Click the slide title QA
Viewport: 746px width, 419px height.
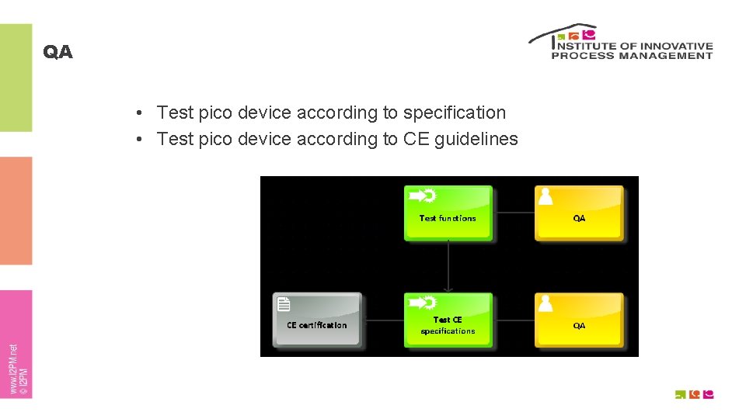[58, 52]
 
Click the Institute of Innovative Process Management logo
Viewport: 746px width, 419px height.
[620, 42]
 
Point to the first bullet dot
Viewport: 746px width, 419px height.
[136, 113]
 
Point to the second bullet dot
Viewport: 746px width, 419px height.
[136, 140]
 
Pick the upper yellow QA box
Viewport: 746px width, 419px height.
[579, 213]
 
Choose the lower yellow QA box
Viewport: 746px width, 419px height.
[579, 320]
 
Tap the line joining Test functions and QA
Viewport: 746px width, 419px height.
[514, 212]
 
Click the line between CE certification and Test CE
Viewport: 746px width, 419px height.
[383, 320]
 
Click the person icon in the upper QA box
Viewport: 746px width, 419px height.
[546, 197]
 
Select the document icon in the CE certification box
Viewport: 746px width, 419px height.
[284, 304]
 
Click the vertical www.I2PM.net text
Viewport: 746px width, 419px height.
[14, 369]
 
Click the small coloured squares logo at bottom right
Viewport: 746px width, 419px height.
[694, 394]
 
